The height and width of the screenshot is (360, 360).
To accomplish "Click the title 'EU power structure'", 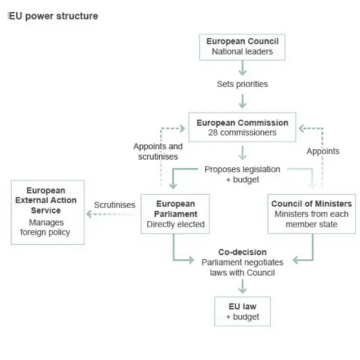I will (x=53, y=16).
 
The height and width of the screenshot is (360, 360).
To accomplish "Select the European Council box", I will (x=242, y=46).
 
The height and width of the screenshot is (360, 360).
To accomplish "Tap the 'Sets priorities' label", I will (x=242, y=84).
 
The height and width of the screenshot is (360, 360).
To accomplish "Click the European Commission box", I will (x=242, y=128).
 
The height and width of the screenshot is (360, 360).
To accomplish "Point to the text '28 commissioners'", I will (x=242, y=133).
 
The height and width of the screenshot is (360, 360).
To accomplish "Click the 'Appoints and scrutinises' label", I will (x=158, y=151).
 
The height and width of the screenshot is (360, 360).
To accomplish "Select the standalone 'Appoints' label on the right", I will (x=323, y=151).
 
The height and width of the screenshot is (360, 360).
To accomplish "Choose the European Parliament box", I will (x=175, y=214).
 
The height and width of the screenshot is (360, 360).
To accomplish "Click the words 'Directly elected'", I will (x=175, y=224).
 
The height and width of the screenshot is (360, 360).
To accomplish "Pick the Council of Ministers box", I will (x=311, y=214).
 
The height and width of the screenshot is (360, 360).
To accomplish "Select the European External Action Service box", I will (x=48, y=211).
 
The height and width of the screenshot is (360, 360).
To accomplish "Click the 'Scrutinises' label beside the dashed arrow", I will (x=115, y=205).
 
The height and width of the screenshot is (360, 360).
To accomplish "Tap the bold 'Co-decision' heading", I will (x=242, y=252).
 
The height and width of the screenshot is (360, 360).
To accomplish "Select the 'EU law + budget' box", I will (x=242, y=312).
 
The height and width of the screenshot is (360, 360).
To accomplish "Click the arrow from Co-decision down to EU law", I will (x=242, y=286).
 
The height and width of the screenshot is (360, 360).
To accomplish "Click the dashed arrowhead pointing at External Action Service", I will (x=89, y=214).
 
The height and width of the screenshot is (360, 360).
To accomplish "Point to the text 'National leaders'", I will (x=242, y=52).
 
